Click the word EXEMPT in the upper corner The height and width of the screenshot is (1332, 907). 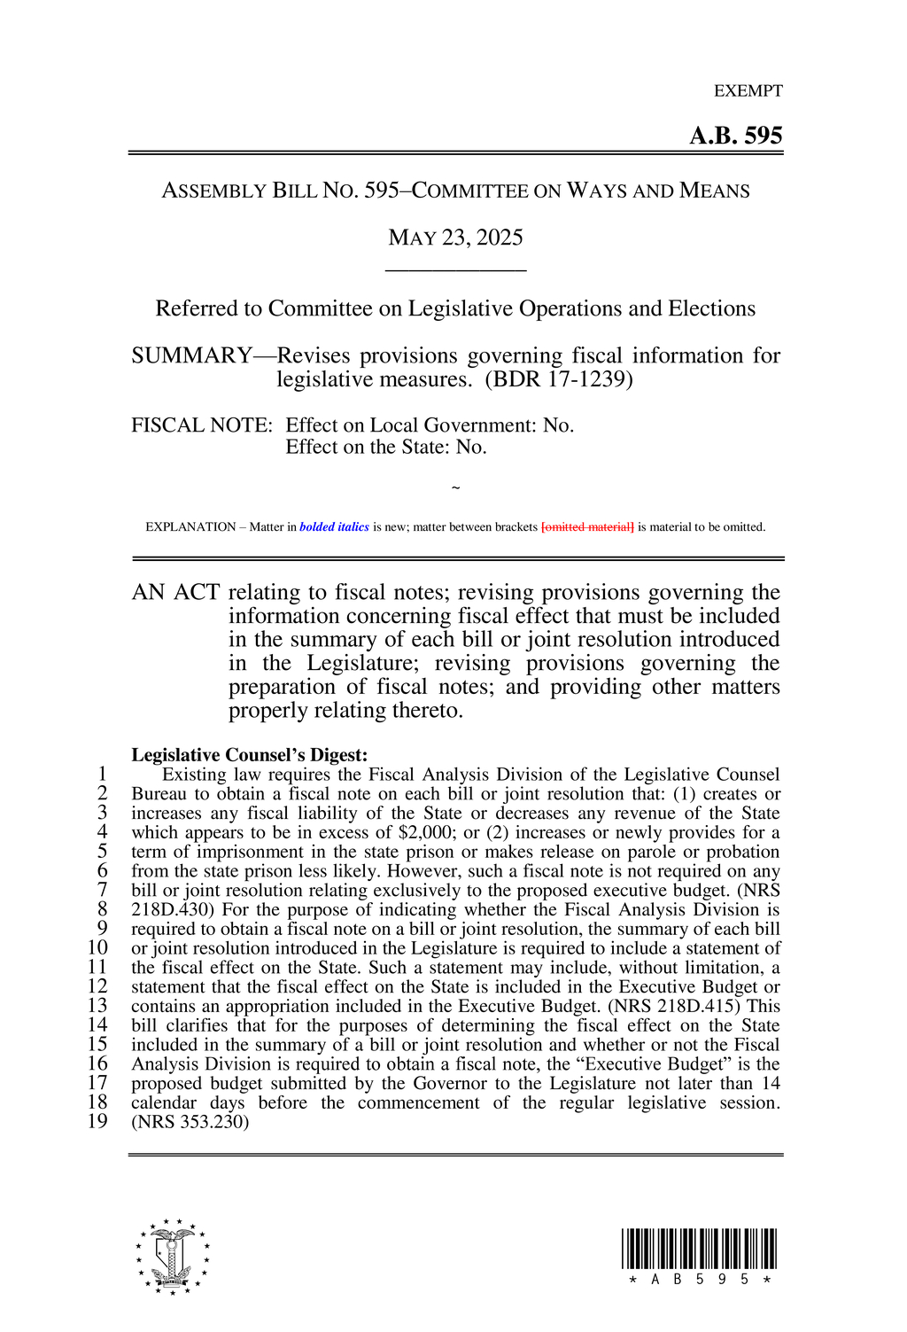pyautogui.click(x=748, y=90)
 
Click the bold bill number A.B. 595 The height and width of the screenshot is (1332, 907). pyautogui.click(x=735, y=136)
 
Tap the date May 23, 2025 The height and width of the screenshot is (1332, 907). pyautogui.click(x=455, y=238)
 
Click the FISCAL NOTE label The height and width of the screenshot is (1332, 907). pyautogui.click(x=201, y=425)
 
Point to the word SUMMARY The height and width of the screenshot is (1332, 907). pyautogui.click(x=191, y=355)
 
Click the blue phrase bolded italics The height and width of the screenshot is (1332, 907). pyautogui.click(x=334, y=527)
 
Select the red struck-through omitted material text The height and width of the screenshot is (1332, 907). pyautogui.click(x=587, y=527)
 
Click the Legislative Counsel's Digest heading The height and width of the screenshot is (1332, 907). pyautogui.click(x=249, y=755)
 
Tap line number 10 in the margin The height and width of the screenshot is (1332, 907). pyautogui.click(x=97, y=948)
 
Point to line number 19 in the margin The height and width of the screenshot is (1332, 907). pyautogui.click(x=97, y=1122)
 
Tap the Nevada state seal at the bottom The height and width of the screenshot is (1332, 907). pyautogui.click(x=173, y=1256)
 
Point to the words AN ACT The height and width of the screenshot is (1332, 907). pyautogui.click(x=175, y=593)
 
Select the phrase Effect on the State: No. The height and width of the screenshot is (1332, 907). pyautogui.click(x=386, y=448)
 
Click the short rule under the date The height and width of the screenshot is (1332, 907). pyautogui.click(x=455, y=270)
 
